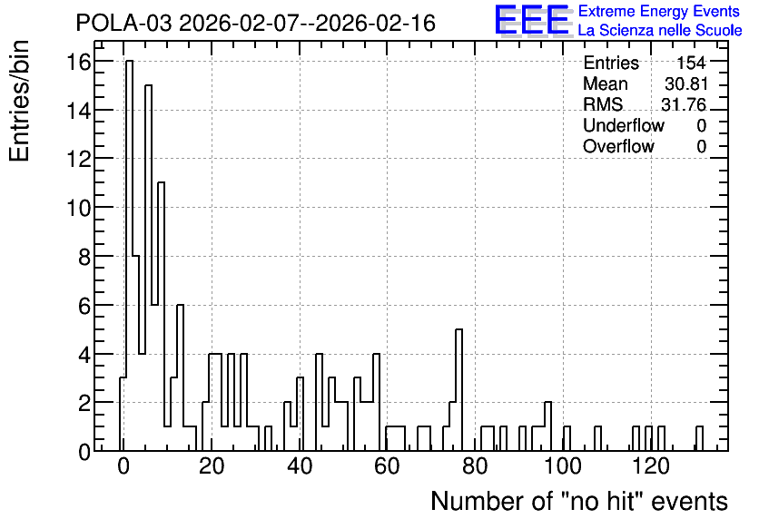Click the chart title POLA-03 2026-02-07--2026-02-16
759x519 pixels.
[x=256, y=24]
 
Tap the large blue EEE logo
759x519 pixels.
[x=532, y=20]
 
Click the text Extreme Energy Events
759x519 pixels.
[x=659, y=11]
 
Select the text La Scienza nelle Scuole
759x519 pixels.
[x=660, y=31]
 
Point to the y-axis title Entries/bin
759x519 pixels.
[x=20, y=102]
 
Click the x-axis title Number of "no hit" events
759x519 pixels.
[x=579, y=501]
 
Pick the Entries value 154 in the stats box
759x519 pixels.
[x=691, y=63]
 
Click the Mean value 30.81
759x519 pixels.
[x=686, y=83]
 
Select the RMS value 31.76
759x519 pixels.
[x=684, y=104]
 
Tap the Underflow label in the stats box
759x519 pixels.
[x=624, y=125]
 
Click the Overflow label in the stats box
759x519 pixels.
[x=618, y=146]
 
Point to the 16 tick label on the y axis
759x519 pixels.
[x=78, y=62]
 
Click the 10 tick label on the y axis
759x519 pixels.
[x=78, y=208]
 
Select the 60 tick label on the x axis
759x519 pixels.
[x=387, y=466]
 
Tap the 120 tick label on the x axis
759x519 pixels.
[x=651, y=466]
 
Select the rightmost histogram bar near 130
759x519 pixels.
[x=699, y=438]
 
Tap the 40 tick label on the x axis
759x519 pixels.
[x=299, y=466]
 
